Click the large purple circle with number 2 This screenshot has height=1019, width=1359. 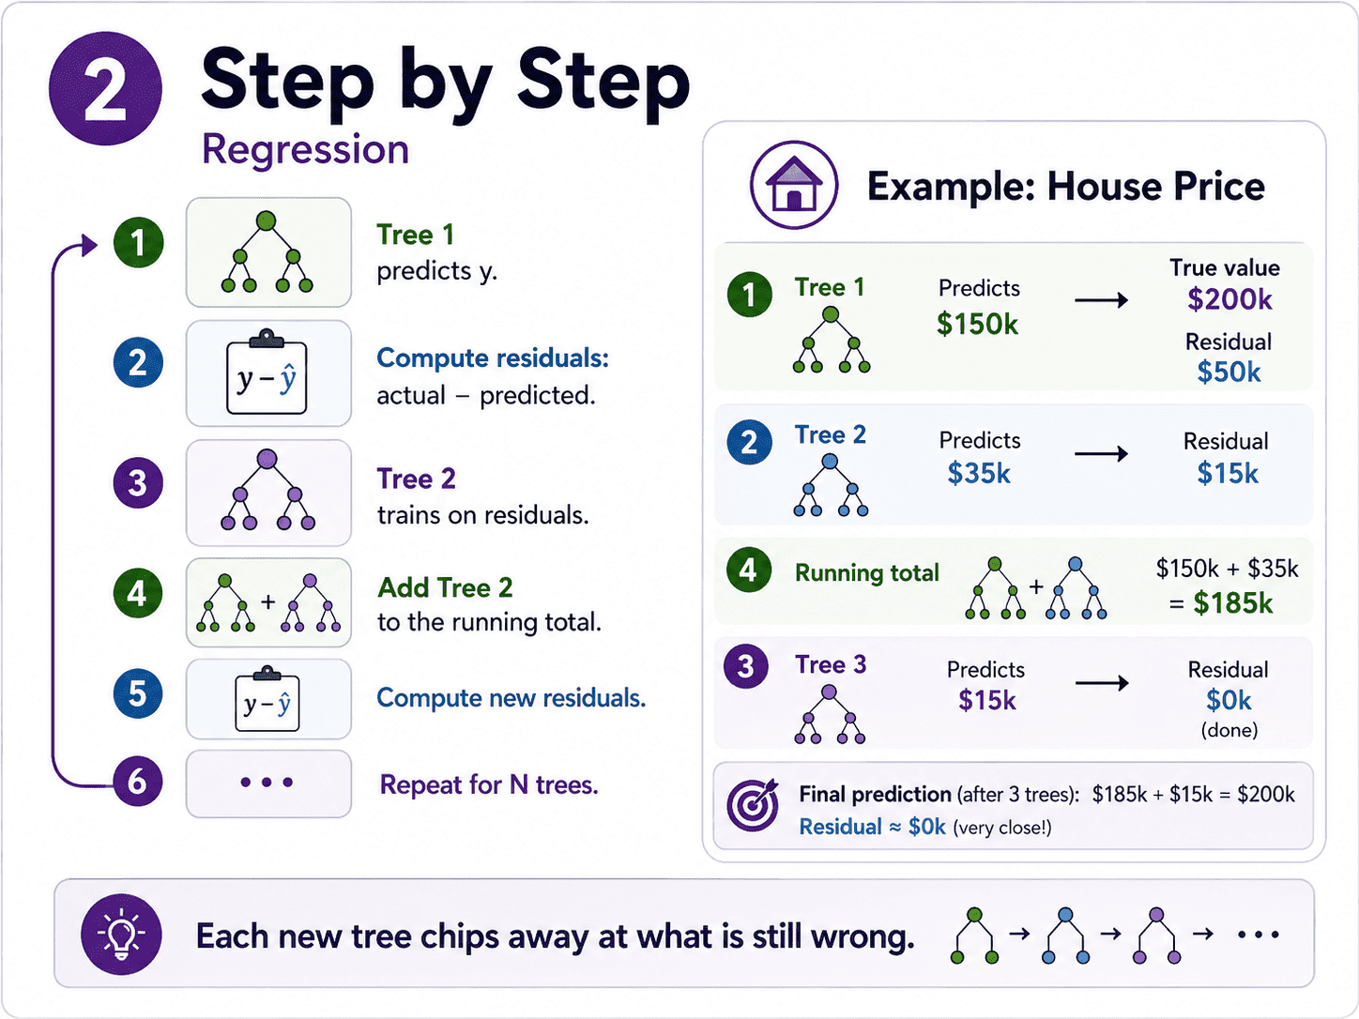105,88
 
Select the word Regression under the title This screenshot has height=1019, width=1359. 305,150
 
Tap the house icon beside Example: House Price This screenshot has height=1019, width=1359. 794,185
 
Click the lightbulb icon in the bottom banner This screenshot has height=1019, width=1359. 121,935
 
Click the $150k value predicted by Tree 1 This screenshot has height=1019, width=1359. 977,324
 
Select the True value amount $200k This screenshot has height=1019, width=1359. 1229,299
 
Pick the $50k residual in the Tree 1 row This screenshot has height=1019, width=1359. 1229,372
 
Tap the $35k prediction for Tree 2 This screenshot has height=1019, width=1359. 978,473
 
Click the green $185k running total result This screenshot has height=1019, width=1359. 1232,602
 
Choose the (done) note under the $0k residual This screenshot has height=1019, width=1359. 1229,730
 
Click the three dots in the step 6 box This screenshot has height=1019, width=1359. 267,783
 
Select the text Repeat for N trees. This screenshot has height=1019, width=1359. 489,784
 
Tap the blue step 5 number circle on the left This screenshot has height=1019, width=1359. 137,693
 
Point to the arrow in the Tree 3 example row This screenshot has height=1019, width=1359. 1102,683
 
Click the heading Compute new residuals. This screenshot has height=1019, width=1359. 511,698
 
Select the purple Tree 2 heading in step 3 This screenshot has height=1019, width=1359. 416,479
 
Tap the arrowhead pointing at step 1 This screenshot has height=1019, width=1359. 90,244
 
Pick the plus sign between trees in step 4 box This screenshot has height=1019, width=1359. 268,601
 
